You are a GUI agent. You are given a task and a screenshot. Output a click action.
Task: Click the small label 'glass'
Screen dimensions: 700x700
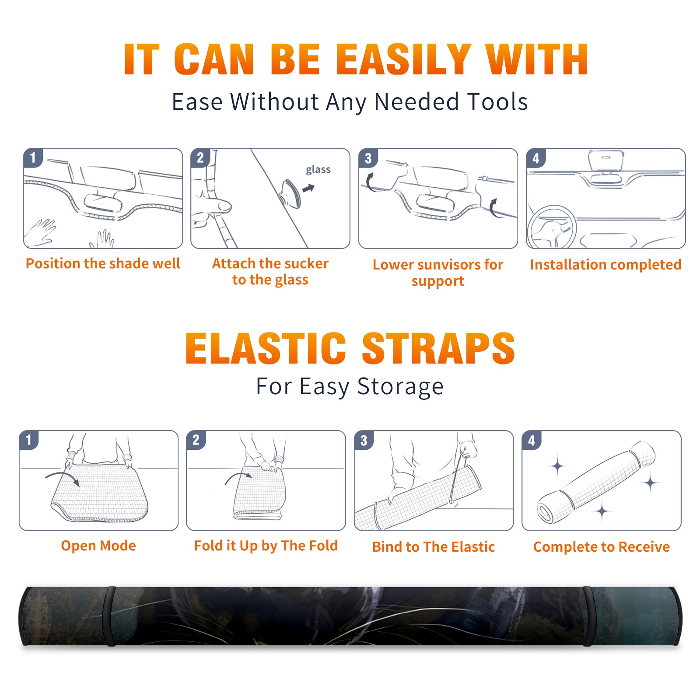tap(318, 169)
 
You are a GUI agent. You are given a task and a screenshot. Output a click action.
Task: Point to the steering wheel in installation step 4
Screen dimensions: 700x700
tap(552, 227)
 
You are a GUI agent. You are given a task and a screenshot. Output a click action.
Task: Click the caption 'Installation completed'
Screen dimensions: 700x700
tap(605, 264)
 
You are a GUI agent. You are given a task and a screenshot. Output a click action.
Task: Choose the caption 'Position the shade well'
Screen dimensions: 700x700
tap(103, 263)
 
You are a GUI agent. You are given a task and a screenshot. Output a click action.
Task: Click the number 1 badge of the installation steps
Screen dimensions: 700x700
tap(33, 157)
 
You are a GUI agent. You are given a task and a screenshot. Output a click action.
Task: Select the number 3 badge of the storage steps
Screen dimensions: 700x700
tap(364, 440)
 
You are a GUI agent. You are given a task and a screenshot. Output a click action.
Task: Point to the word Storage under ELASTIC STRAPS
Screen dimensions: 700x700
tap(400, 387)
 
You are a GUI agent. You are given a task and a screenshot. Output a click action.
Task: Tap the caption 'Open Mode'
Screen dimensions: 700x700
tap(98, 546)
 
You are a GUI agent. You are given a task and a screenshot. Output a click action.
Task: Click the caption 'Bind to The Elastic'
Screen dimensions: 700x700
tap(433, 546)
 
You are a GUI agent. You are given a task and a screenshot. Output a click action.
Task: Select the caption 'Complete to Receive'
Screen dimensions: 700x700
tap(602, 547)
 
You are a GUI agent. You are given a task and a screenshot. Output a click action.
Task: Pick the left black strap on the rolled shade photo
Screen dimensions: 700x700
tap(110, 616)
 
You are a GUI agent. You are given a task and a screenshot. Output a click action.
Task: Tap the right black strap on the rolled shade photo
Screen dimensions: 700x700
tap(589, 616)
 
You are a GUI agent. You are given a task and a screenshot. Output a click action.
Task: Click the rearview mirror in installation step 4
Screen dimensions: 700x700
tap(606, 161)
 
